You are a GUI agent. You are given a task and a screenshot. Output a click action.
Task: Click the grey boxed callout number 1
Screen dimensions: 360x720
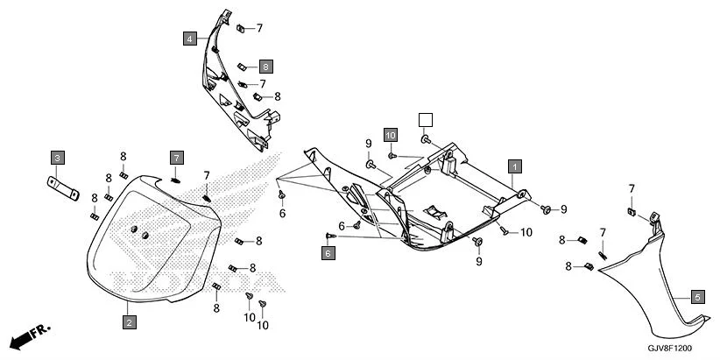pos(516,166)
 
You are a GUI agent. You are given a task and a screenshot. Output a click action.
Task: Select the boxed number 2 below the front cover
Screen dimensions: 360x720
pos(129,322)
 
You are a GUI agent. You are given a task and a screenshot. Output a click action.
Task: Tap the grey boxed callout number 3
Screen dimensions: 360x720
pos(57,158)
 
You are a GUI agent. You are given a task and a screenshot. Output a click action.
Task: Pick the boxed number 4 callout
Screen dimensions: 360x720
pos(190,39)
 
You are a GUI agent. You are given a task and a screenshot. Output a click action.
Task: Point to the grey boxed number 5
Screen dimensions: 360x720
pos(697,296)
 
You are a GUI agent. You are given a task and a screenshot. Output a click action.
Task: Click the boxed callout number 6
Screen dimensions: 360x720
pos(328,253)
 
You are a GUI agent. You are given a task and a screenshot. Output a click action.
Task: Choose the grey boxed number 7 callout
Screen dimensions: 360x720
pos(176,158)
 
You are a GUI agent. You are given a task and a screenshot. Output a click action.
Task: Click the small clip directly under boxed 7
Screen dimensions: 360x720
pos(174,180)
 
